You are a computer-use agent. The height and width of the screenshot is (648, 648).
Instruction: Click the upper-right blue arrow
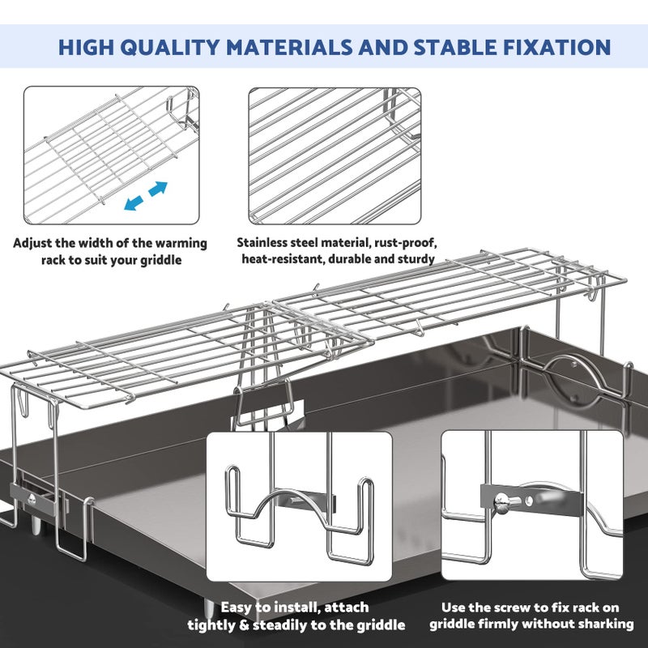click(x=158, y=189)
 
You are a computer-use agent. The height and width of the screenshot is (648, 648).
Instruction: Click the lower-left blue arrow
click(x=134, y=203)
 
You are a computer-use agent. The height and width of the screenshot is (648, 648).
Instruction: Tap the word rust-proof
click(x=406, y=243)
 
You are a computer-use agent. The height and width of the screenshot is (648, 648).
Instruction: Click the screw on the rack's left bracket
click(x=32, y=499)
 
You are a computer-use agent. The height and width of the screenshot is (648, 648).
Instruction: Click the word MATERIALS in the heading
click(x=289, y=47)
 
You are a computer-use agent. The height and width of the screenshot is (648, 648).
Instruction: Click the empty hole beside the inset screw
click(x=530, y=501)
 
